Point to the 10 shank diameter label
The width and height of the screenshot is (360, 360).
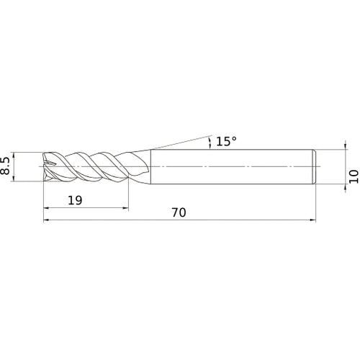click(353, 176)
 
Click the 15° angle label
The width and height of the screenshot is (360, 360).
click(225, 142)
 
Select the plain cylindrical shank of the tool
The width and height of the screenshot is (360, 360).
click(230, 167)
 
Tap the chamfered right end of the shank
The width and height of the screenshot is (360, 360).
click(313, 167)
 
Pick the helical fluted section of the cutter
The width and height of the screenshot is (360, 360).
click(90, 167)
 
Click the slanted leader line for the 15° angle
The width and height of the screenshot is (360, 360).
click(180, 141)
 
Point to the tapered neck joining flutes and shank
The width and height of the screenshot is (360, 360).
click(143, 167)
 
